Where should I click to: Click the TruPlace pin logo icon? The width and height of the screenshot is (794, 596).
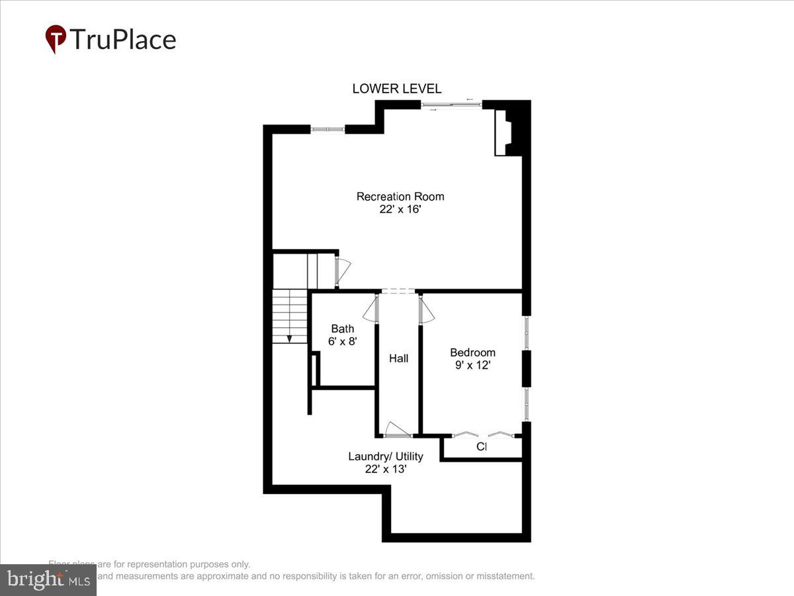pyautogui.click(x=56, y=39)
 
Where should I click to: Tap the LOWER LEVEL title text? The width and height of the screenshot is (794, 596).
pyautogui.click(x=396, y=89)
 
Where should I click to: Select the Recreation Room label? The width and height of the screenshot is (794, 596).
pyautogui.click(x=400, y=197)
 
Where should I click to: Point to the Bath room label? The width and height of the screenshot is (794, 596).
pyautogui.click(x=343, y=329)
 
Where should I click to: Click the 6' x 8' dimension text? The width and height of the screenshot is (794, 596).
pyautogui.click(x=343, y=342)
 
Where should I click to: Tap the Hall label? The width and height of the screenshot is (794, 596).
pyautogui.click(x=398, y=358)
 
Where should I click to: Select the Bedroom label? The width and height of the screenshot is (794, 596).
pyautogui.click(x=472, y=352)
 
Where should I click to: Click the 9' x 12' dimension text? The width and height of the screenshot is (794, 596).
pyautogui.click(x=472, y=365)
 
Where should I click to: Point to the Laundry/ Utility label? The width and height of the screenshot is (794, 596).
pyautogui.click(x=386, y=456)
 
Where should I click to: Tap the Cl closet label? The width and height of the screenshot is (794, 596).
pyautogui.click(x=482, y=447)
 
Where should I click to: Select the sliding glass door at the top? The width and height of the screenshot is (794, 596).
pyautogui.click(x=451, y=105)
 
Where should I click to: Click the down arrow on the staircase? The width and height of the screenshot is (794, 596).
pyautogui.click(x=289, y=338)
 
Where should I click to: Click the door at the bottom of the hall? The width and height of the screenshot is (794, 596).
pyautogui.click(x=398, y=430)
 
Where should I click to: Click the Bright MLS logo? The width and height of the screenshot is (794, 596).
pyautogui.click(x=48, y=579)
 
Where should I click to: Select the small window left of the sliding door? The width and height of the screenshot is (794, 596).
pyautogui.click(x=328, y=129)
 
